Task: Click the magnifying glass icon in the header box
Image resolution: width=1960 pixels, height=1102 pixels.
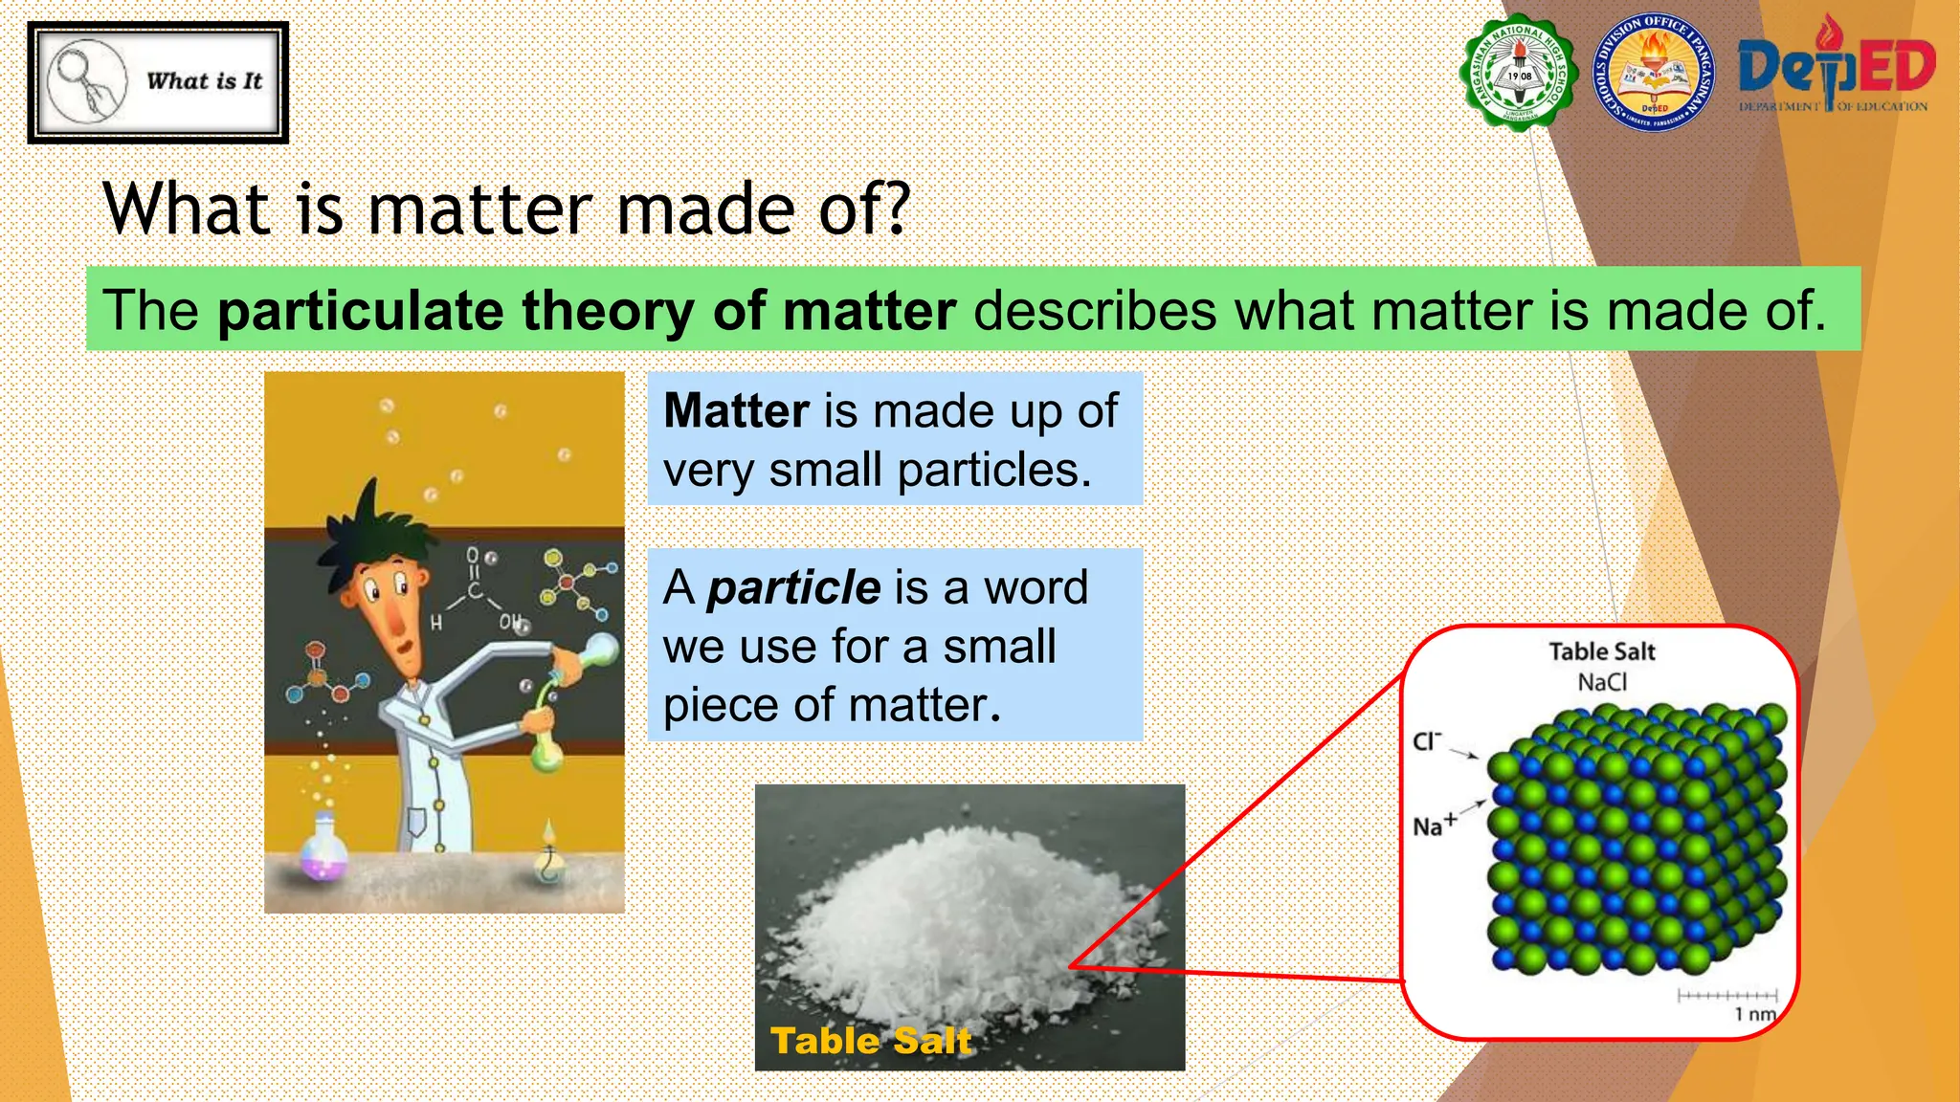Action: (x=86, y=81)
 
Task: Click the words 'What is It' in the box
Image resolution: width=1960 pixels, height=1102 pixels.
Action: (x=204, y=81)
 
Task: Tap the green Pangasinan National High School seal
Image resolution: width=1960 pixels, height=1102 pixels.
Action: (x=1519, y=74)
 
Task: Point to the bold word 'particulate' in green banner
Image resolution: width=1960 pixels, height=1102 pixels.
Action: (x=360, y=311)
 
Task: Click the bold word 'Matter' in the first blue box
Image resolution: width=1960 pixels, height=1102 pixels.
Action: (x=736, y=410)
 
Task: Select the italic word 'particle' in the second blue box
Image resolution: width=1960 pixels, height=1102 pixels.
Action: (x=793, y=586)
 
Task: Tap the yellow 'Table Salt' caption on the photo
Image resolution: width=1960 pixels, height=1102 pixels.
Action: (x=870, y=1040)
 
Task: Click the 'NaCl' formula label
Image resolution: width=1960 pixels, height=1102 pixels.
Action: (x=1602, y=682)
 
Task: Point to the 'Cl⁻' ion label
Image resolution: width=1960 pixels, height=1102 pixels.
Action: (x=1427, y=741)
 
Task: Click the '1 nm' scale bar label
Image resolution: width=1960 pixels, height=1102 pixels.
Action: (x=1754, y=1014)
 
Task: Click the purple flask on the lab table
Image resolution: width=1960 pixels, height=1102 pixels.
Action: (x=323, y=849)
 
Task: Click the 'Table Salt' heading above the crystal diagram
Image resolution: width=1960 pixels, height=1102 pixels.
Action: (x=1602, y=651)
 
